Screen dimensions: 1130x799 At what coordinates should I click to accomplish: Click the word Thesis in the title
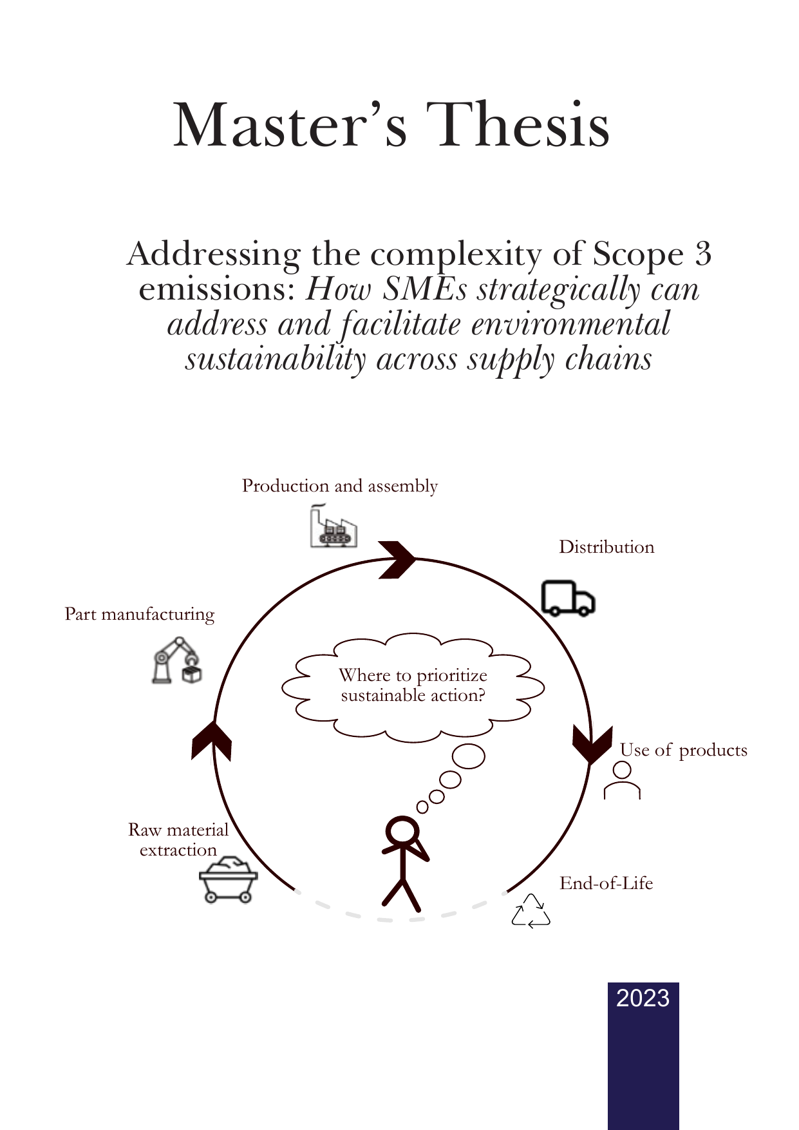(518, 125)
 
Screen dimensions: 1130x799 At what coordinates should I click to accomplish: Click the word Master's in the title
(290, 125)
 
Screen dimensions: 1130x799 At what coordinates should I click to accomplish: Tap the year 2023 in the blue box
(643, 998)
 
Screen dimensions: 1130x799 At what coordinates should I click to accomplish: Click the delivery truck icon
(567, 599)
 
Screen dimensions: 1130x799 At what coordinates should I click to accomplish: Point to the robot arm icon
(177, 661)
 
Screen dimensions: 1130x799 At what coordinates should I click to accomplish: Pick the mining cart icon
(229, 880)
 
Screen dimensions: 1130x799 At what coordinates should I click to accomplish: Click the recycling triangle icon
(531, 912)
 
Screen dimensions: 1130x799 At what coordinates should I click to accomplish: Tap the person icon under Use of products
(622, 780)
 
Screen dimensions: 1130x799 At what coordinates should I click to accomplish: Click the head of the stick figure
(402, 831)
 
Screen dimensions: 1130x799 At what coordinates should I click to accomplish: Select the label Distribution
(606, 547)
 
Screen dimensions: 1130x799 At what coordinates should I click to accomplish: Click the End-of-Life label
(606, 883)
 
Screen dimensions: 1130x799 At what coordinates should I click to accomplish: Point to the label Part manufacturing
(140, 614)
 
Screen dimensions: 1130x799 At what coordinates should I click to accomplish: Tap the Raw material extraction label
(178, 839)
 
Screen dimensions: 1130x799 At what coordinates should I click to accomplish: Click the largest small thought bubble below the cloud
(469, 756)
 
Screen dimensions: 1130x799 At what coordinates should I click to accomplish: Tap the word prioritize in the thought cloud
(452, 676)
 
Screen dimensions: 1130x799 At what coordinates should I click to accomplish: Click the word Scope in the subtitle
(637, 254)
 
